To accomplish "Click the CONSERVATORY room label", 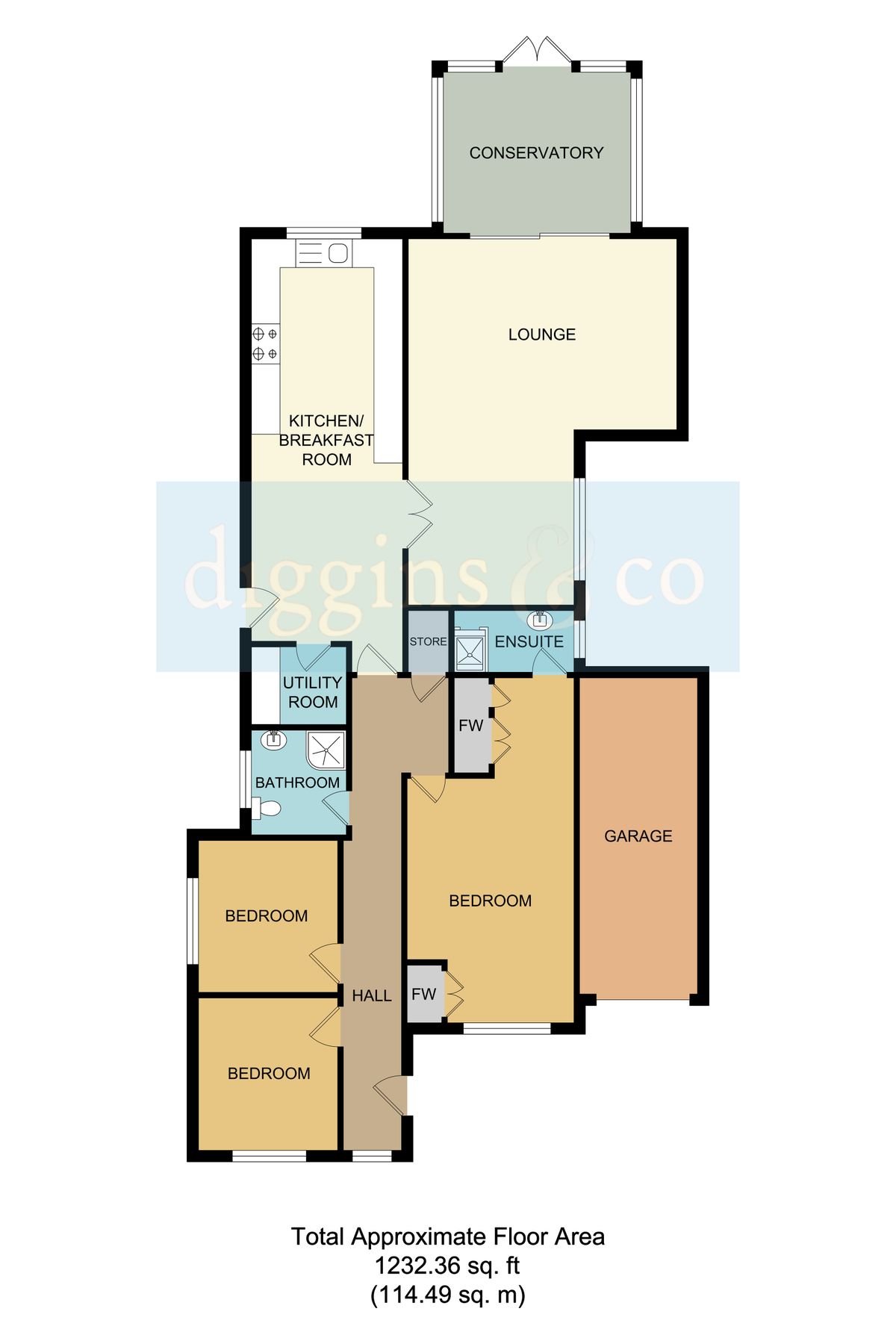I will [536, 153].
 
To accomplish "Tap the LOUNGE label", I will [541, 335].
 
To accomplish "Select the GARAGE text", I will [638, 836].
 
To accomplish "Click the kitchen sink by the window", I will [324, 253].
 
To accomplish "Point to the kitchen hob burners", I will [264, 344].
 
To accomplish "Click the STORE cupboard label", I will [428, 641].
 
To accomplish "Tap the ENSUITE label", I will [529, 641].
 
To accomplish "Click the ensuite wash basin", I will [540, 620].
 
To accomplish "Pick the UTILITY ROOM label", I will [313, 692].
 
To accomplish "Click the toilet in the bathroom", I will [266, 808].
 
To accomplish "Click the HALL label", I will [372, 995].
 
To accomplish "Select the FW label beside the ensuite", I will [471, 725].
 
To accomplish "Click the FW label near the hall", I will [423, 994].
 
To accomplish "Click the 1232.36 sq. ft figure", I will [447, 1266].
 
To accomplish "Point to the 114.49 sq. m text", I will [447, 1294].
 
